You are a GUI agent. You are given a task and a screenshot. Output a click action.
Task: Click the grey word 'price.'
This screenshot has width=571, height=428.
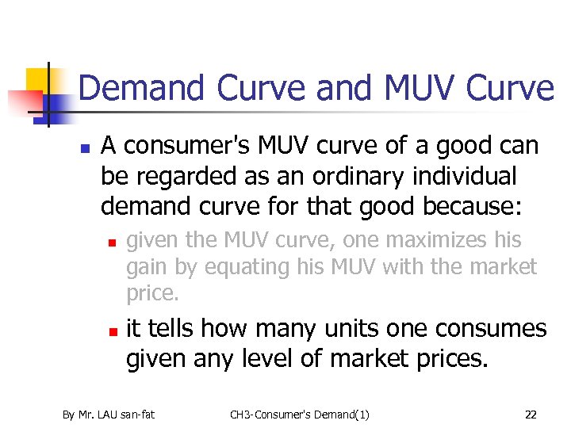point(153,293)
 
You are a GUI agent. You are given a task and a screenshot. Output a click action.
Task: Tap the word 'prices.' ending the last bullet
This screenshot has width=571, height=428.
point(445,358)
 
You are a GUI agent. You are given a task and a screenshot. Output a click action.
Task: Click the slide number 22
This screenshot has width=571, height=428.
point(531,414)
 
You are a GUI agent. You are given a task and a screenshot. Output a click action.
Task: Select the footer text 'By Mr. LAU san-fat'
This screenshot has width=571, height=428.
point(109,414)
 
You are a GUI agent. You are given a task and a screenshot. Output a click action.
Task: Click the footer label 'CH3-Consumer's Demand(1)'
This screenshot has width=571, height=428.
point(300,414)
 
